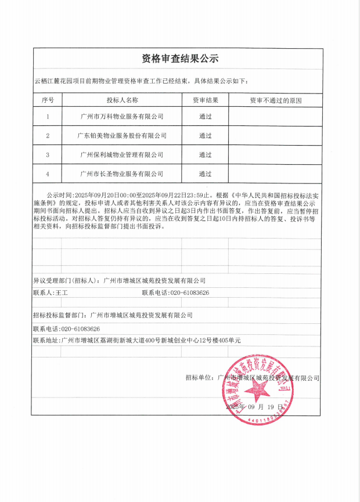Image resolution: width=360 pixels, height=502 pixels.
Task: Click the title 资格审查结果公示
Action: (180, 59)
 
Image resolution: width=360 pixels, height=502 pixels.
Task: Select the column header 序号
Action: (48, 100)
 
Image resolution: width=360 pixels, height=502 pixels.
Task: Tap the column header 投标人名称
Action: (122, 100)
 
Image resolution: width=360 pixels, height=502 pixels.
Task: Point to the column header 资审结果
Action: (206, 100)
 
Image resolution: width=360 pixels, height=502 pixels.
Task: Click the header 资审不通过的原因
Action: (276, 100)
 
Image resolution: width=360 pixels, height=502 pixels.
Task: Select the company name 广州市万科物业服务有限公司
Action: (122, 116)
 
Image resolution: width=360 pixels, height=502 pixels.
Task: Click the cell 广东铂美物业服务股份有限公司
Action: (122, 135)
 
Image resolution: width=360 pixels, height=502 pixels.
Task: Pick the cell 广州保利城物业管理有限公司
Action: (122, 154)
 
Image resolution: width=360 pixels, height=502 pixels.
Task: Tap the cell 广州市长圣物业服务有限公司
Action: (122, 174)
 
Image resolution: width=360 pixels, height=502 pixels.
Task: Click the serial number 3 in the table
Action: (48, 154)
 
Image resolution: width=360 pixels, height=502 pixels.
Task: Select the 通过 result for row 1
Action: (206, 116)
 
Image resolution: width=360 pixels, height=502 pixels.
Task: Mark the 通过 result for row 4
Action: (206, 174)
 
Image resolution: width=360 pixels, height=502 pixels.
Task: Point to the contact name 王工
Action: (62, 293)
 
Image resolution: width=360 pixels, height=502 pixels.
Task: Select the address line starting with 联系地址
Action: (136, 340)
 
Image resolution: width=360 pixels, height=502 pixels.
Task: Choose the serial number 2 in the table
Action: (48, 135)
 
